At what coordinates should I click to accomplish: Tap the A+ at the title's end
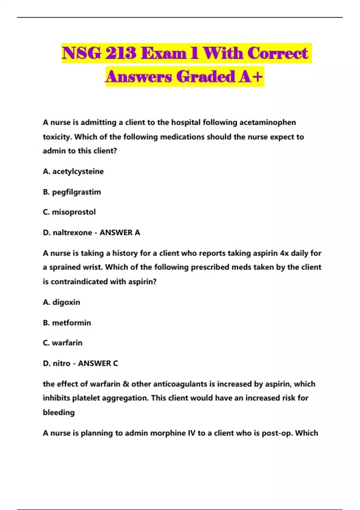pos(250,77)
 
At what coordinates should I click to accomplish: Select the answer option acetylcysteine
pos(78,172)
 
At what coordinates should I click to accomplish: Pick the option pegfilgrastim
pos(76,192)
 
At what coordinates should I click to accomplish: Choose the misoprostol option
pos(74,212)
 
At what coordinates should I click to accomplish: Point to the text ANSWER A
pos(120,232)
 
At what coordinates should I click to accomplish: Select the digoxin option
pos(66,302)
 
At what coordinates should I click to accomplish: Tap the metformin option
pos(71,323)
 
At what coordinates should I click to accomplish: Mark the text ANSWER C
pos(98,363)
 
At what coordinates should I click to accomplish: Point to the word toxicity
pos(57,137)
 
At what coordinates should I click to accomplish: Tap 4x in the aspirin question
pos(284,253)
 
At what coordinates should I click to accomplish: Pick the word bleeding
pos(59,412)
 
